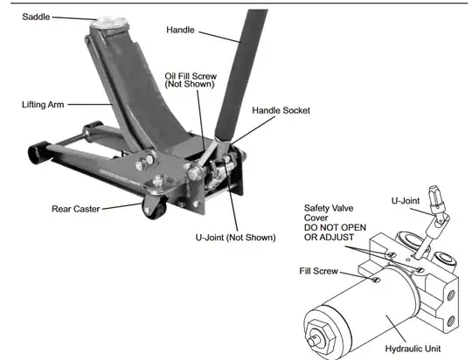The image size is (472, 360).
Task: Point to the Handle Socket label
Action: pyautogui.click(x=281, y=111)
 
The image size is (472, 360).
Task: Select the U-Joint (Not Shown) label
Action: pyautogui.click(x=235, y=237)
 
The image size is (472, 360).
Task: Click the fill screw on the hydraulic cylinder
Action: pyautogui.click(x=372, y=280)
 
